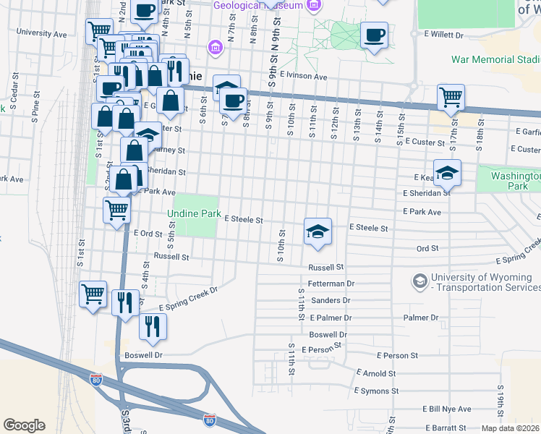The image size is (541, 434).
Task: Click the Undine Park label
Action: (x=192, y=214)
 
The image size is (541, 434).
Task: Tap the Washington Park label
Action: (x=514, y=181)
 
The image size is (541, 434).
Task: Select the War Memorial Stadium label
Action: (x=495, y=59)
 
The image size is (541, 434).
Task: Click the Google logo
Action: (x=24, y=425)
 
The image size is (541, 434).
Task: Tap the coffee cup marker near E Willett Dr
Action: (x=374, y=36)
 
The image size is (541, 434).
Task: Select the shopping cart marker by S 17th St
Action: (x=451, y=98)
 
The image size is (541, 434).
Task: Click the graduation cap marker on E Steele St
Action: (x=318, y=231)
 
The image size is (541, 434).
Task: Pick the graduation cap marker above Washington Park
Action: (x=448, y=174)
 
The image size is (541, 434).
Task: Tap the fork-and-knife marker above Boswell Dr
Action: (x=153, y=327)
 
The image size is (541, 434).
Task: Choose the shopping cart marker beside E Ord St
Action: (x=116, y=211)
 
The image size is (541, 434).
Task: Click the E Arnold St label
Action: (x=377, y=374)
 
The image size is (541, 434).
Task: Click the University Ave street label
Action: (x=41, y=33)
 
